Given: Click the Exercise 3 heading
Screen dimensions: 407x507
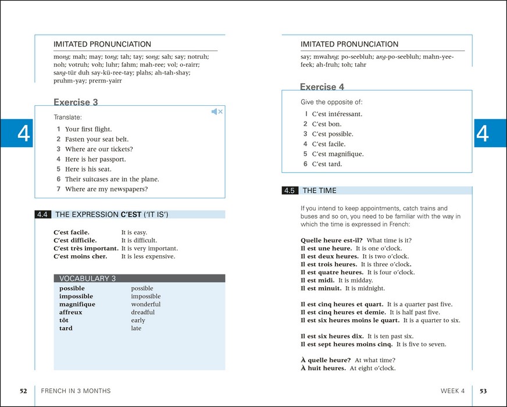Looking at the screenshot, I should coord(76,102).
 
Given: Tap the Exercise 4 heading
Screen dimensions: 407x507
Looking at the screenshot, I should coord(322,87).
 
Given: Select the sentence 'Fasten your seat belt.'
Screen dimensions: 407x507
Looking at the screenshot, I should coord(97,140).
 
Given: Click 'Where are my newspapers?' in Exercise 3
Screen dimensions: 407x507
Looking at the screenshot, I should coord(106,189).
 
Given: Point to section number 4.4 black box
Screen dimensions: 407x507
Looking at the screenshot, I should coord(43,215).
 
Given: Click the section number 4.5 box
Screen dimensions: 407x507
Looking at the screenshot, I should coord(290,191).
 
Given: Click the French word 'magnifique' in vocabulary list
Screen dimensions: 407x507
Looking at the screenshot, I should coord(77,304).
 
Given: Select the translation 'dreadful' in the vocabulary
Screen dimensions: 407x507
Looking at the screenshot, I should coord(143,312).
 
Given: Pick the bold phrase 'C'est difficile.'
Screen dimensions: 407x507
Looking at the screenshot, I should coord(75,240).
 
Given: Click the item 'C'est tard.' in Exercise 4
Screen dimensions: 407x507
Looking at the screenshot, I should coord(327,164).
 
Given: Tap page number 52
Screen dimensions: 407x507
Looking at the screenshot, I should coord(23,391).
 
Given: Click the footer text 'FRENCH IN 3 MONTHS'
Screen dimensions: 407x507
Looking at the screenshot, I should coord(76,391).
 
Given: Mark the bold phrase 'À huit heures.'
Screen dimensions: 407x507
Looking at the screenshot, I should coord(323,368).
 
